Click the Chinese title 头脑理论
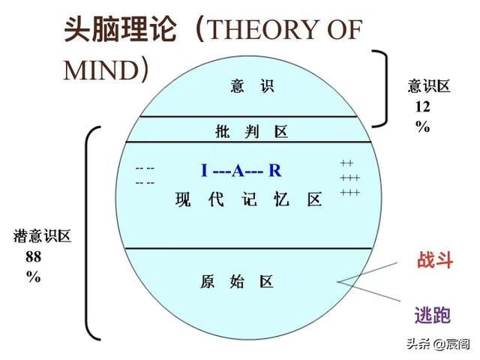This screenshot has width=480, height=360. click(x=120, y=29)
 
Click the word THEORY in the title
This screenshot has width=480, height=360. click(x=264, y=30)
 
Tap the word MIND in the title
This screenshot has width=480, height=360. click(x=101, y=70)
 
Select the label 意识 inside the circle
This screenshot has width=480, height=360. click(x=252, y=86)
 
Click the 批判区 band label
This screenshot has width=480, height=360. click(x=252, y=132)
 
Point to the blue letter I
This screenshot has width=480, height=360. click(x=204, y=170)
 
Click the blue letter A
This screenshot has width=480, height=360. click(x=238, y=170)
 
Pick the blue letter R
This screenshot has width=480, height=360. click(x=275, y=170)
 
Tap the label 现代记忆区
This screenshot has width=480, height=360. click(x=248, y=199)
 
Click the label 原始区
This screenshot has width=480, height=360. click(x=237, y=282)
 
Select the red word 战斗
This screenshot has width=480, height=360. click(x=435, y=260)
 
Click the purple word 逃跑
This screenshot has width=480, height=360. click(x=433, y=315)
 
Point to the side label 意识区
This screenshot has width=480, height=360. click(x=428, y=86)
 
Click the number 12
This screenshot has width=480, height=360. click(x=422, y=106)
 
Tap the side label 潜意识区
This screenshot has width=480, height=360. click(x=42, y=236)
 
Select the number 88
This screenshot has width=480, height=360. click(x=33, y=256)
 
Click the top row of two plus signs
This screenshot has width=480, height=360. click(x=346, y=163)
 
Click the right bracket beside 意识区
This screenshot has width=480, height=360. click(x=386, y=88)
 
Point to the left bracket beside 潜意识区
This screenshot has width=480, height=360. click(x=87, y=232)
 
